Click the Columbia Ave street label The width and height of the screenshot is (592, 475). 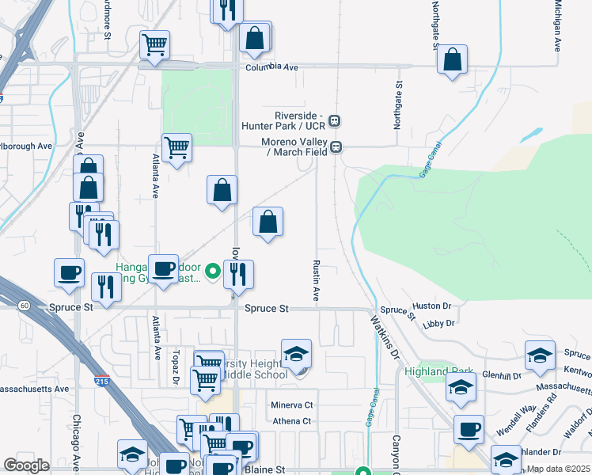(271, 68)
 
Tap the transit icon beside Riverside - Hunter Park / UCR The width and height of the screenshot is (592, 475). (336, 121)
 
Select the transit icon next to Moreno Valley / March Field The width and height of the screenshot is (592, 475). (336, 146)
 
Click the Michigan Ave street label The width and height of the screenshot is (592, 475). (557, 26)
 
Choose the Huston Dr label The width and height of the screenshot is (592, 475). (431, 305)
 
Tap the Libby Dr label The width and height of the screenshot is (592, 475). (439, 323)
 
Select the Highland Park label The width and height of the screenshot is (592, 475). (427, 371)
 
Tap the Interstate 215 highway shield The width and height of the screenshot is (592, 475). (101, 380)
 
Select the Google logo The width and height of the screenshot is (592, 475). (26, 465)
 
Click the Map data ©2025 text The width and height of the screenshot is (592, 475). (559, 469)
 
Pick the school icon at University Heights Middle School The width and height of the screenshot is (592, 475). (296, 354)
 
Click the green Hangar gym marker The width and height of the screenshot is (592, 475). (212, 272)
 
